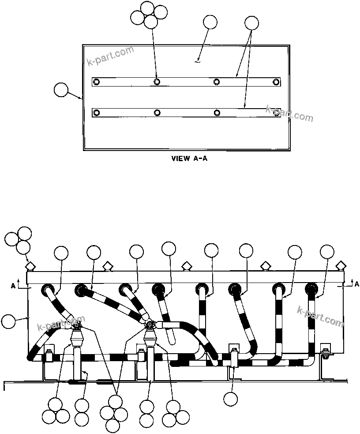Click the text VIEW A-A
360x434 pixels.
tap(189, 159)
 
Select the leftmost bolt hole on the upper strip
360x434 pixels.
tap(97, 82)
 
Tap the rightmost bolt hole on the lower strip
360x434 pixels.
tap(277, 113)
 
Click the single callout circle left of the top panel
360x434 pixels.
tap(61, 91)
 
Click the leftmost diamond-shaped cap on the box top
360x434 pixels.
tap(30, 266)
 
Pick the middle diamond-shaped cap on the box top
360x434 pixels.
tap(187, 266)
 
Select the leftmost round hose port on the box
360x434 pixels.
tap(48, 290)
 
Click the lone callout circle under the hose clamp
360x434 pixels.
tap(231, 399)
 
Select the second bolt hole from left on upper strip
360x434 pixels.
tap(157, 82)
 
